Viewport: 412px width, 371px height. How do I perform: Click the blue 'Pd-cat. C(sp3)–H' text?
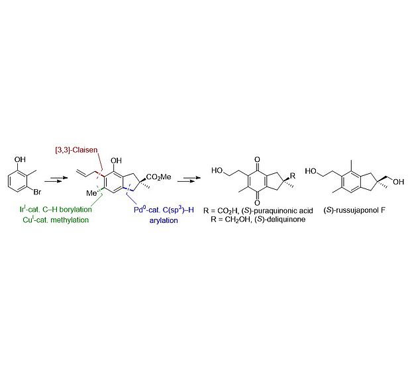point(156,210)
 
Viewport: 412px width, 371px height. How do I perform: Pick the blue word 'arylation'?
point(163,220)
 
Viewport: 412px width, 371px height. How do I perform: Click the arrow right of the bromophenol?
point(53,186)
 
